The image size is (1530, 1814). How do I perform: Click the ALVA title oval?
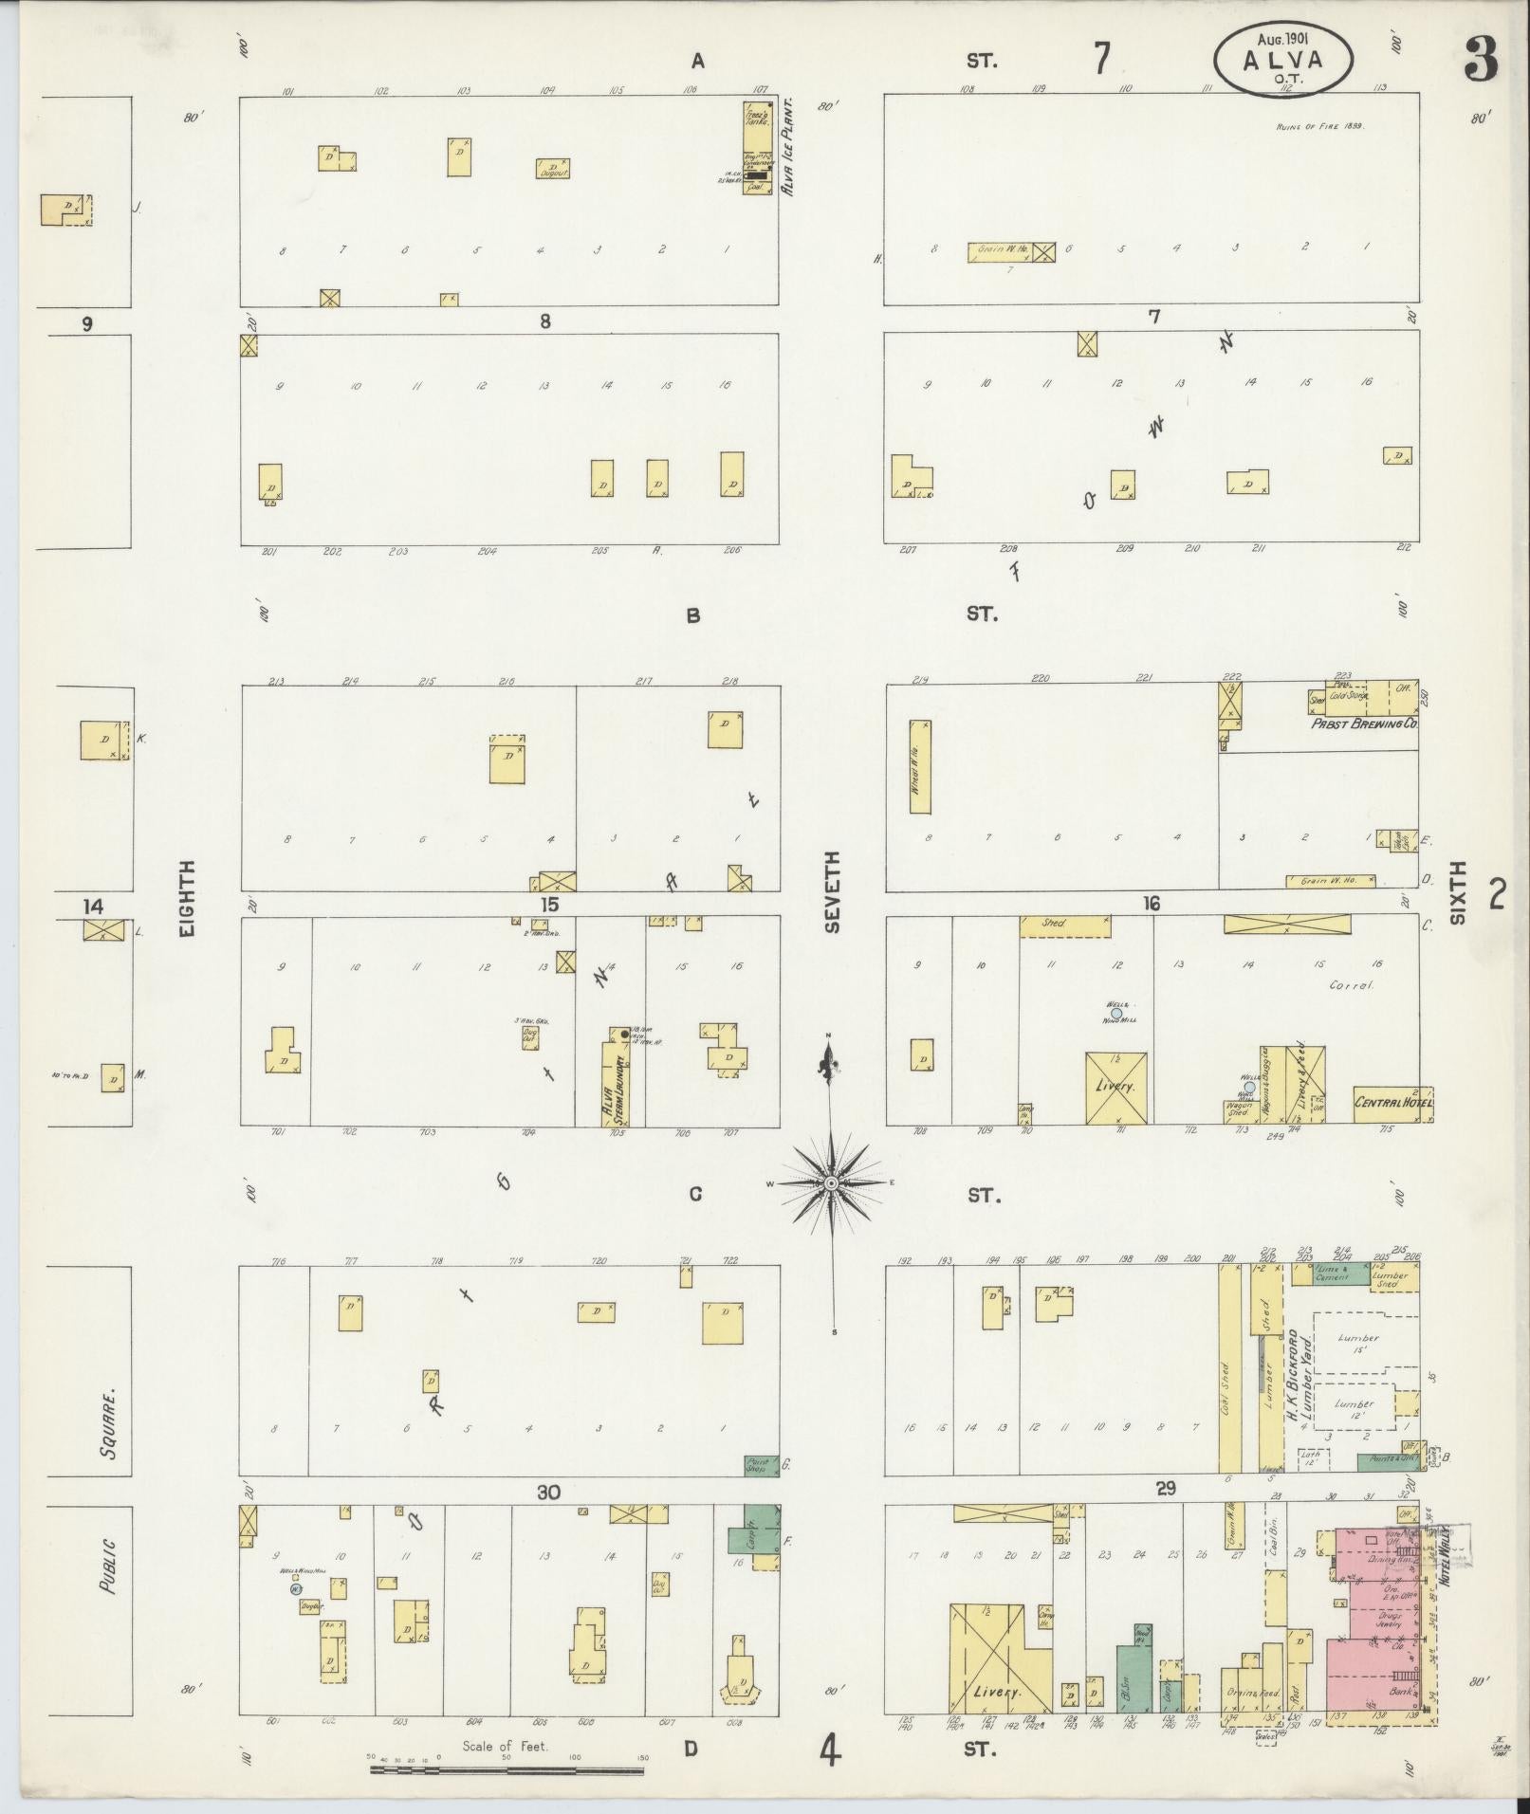click(1282, 59)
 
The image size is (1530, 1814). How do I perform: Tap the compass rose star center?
click(831, 1183)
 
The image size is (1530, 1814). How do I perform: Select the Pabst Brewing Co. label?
click(1364, 723)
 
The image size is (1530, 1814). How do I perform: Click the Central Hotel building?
click(1392, 1104)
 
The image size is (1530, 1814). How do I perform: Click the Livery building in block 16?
click(1116, 1088)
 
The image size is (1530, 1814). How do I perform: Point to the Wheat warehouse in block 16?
click(919, 766)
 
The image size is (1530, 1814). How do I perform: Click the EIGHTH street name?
click(187, 899)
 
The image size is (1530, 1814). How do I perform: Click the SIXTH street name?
click(1457, 893)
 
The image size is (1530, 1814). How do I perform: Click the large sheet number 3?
click(1480, 59)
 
